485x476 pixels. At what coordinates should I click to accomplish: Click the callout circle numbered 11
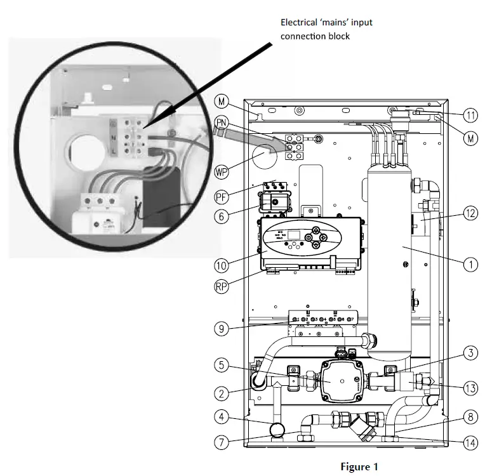pyautogui.click(x=470, y=116)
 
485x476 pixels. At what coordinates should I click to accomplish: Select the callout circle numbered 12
pyautogui.click(x=470, y=214)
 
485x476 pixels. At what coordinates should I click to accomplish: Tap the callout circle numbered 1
pyautogui.click(x=470, y=263)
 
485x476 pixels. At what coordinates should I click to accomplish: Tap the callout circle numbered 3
pyautogui.click(x=470, y=353)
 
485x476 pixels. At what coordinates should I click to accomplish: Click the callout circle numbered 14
pyautogui.click(x=470, y=442)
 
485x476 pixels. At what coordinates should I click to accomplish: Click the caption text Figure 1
pyautogui.click(x=359, y=466)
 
